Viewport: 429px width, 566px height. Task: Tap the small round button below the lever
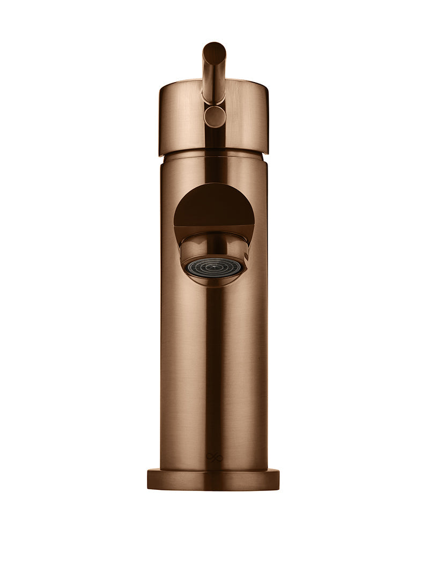(215, 116)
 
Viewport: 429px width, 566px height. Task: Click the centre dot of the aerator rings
(214, 266)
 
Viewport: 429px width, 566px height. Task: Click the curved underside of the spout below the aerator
(214, 281)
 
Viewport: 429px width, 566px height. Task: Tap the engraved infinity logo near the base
(214, 457)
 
